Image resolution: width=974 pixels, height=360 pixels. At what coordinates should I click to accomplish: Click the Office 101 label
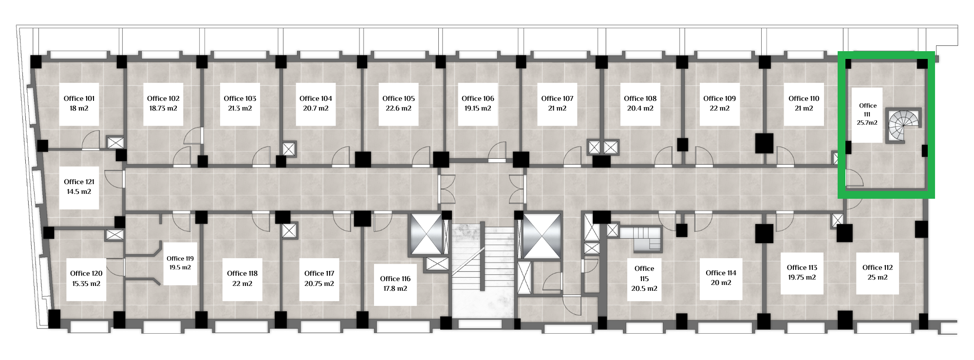tap(79, 98)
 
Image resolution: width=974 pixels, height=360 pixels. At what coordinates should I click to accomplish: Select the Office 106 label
tap(478, 98)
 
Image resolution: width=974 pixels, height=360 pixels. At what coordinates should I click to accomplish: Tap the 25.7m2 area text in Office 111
tap(867, 123)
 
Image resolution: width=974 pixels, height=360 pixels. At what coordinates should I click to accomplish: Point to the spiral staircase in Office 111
tap(904, 126)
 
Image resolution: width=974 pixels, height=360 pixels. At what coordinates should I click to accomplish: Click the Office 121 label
tap(79, 182)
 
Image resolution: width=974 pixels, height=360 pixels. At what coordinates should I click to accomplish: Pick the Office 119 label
tap(180, 259)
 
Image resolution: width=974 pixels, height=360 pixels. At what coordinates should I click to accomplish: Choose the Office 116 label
tap(395, 279)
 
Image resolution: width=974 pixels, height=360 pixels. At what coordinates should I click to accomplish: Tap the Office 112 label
tap(878, 267)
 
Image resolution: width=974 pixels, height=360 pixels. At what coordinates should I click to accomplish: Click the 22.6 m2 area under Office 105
tap(398, 109)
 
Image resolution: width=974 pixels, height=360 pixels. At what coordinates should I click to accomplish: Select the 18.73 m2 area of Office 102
tap(163, 109)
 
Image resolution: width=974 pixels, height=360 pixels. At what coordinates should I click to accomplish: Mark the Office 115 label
tap(644, 273)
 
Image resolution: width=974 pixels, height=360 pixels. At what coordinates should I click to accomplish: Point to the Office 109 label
tap(719, 98)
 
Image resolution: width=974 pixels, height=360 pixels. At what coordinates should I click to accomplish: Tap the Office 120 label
tap(86, 273)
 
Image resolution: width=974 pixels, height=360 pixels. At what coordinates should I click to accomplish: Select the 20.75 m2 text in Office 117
tap(319, 284)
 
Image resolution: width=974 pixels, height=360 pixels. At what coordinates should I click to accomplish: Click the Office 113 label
tap(802, 267)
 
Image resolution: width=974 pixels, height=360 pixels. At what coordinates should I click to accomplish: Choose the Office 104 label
tap(316, 98)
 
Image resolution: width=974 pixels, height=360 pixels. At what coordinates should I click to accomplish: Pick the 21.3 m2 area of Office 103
tap(240, 109)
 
